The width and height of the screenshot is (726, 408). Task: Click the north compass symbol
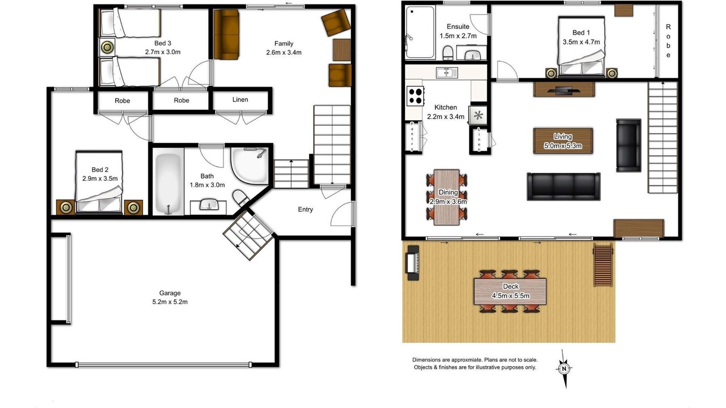[x=564, y=368]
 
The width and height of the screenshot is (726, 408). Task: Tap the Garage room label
[x=170, y=293]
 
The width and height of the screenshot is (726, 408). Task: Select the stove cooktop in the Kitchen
[x=416, y=96]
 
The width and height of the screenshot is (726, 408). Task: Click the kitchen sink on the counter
[x=447, y=73]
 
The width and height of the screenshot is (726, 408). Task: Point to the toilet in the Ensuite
[x=448, y=53]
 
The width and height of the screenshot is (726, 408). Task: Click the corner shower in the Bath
[x=250, y=165]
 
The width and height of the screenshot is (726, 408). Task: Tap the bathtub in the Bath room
[x=168, y=182]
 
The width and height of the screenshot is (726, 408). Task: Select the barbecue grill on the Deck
[x=412, y=262]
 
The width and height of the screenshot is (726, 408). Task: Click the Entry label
[x=305, y=210]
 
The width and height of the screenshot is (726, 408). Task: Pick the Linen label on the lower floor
[x=240, y=100]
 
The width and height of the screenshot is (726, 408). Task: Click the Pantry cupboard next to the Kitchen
[x=412, y=137]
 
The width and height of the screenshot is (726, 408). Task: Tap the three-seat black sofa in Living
[x=564, y=186]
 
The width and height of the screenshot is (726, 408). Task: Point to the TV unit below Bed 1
[x=564, y=90]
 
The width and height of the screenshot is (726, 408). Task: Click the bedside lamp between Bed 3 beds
[x=107, y=48]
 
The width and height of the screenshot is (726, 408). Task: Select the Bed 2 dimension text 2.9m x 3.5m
[x=100, y=178]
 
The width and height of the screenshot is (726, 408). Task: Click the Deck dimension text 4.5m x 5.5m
[x=510, y=296]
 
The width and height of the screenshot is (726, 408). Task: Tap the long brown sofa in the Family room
[x=226, y=35]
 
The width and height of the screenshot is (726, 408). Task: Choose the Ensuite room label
[x=458, y=27]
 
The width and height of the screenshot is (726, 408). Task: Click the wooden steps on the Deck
[x=603, y=265]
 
